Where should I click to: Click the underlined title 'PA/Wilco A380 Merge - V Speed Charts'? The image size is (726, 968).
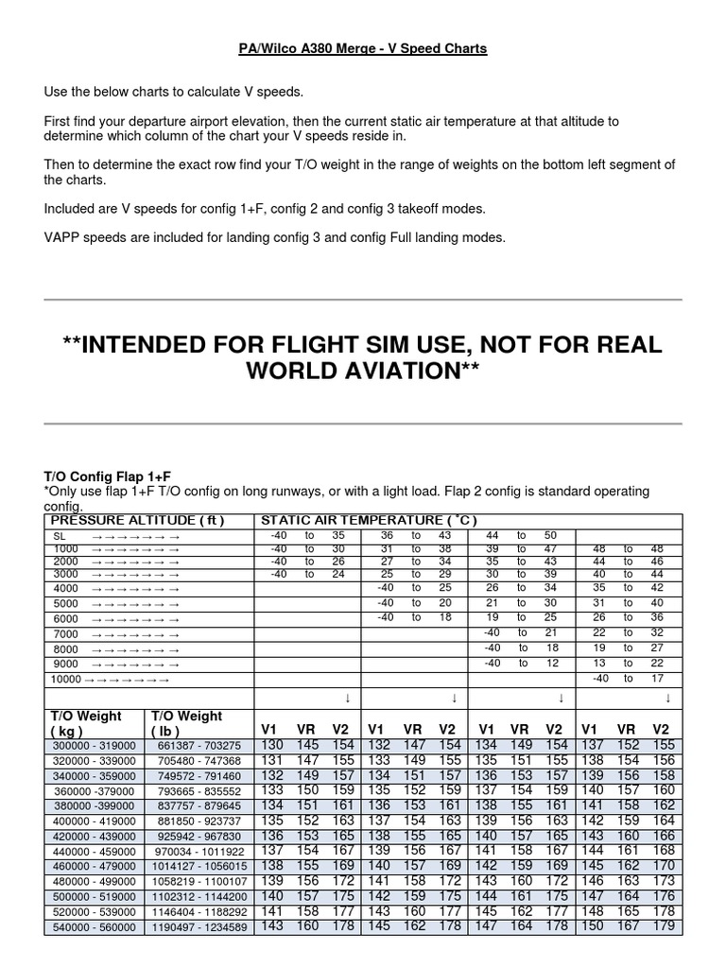tap(362, 47)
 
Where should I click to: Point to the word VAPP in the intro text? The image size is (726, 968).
tap(62, 237)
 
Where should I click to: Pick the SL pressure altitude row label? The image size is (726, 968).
tap(59, 536)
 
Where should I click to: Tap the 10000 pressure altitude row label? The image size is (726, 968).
tap(66, 679)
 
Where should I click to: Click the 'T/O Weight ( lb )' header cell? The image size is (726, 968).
tap(186, 723)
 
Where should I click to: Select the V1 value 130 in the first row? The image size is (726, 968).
tap(271, 745)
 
